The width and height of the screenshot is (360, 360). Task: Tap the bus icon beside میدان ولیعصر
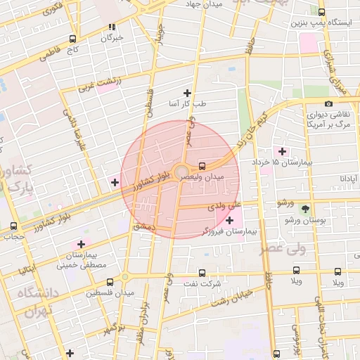202,167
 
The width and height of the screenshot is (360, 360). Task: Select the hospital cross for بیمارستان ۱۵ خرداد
283,151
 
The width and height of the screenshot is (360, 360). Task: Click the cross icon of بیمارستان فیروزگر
229,221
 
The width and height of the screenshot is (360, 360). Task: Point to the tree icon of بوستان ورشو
305,209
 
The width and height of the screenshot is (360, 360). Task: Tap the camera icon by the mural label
328,104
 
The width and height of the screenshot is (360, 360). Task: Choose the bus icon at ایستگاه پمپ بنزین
321,12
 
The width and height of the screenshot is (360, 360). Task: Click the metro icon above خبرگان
111,27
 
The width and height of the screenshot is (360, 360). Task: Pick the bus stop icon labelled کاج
73,39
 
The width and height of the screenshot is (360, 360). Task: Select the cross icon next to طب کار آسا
187,92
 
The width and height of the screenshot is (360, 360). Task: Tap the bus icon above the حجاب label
14,226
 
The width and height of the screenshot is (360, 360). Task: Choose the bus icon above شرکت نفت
202,272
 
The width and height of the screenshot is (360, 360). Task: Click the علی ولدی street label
224,207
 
